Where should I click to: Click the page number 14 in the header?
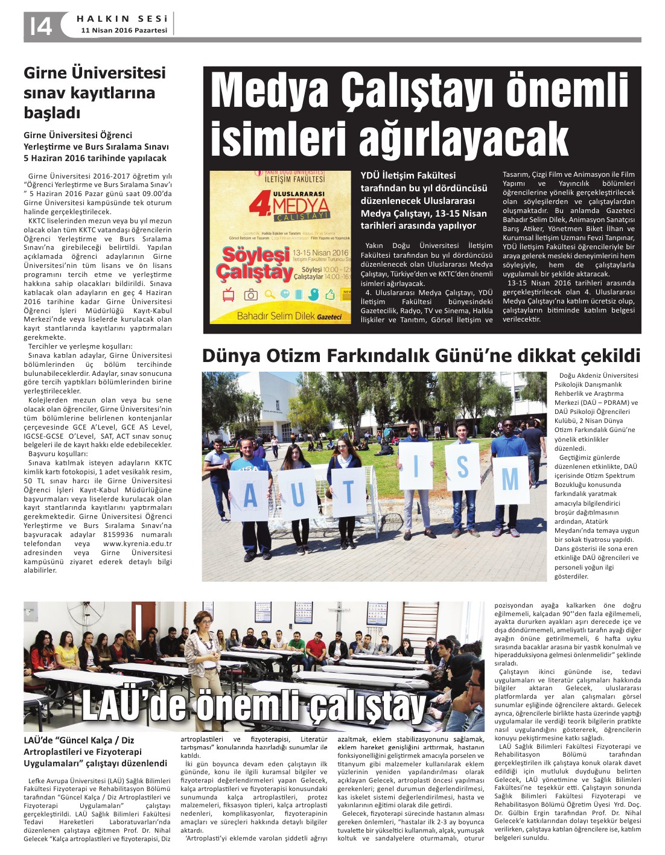pos(41,26)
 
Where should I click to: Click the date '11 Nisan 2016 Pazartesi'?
pos(124,30)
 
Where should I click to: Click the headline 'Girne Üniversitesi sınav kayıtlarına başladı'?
pos(94,92)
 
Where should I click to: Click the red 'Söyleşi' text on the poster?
pos(249,254)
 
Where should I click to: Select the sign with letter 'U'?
pos(297,492)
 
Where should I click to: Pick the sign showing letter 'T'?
pos(347,492)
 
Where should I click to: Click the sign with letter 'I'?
pos(415,466)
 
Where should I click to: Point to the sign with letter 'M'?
pos(510,480)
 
